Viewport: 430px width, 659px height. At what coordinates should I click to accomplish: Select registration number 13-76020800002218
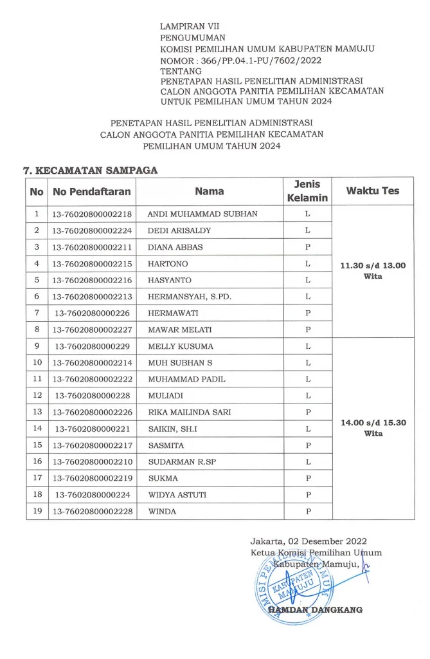tap(93, 214)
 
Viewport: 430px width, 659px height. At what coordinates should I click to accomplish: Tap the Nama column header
tap(210, 191)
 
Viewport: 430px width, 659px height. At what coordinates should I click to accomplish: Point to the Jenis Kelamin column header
tap(307, 191)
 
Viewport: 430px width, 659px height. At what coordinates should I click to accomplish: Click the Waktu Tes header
tap(372, 191)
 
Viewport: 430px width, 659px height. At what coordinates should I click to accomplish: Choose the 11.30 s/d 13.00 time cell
tap(373, 270)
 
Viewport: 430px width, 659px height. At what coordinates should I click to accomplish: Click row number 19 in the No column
tap(37, 511)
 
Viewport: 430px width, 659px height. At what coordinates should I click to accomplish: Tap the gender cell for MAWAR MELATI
tap(308, 329)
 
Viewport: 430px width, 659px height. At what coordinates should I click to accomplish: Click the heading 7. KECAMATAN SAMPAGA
tap(91, 171)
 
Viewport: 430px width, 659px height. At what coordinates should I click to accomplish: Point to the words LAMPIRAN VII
tap(190, 26)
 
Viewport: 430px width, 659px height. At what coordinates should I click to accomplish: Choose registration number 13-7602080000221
tap(93, 429)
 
